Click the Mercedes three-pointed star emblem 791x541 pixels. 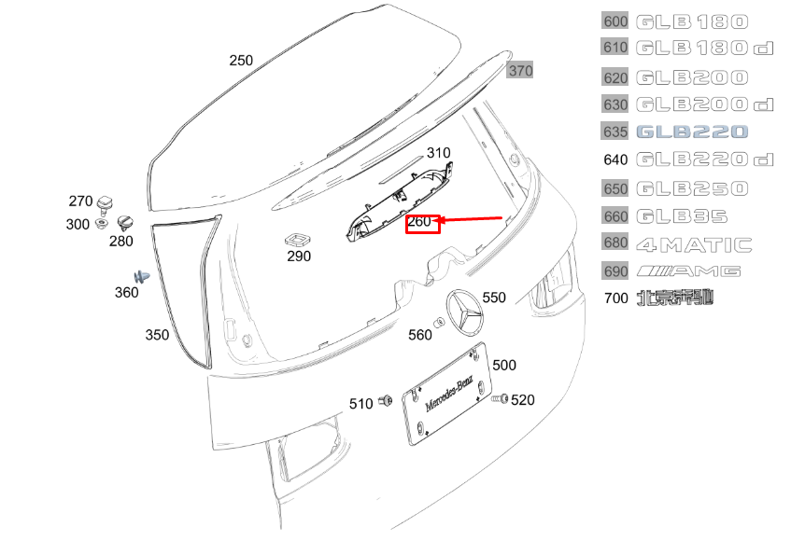(x=465, y=312)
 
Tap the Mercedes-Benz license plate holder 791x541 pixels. (x=447, y=394)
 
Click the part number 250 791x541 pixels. (x=241, y=61)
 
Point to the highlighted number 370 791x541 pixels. (x=520, y=71)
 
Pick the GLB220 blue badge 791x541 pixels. (x=692, y=132)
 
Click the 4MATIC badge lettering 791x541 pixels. (x=694, y=245)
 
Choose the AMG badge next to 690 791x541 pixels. (x=688, y=271)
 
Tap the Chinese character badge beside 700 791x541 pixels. (x=675, y=298)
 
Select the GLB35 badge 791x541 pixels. (x=682, y=216)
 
